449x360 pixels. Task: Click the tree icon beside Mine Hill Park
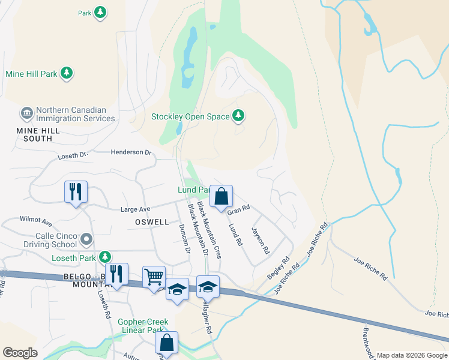click(68, 74)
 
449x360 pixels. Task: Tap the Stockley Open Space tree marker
click(239, 116)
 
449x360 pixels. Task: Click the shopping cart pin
click(154, 278)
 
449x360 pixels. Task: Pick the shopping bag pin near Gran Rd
click(221, 197)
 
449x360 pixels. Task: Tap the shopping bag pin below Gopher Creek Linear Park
click(167, 343)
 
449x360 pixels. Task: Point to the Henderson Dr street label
click(131, 152)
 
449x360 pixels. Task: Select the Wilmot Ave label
click(36, 220)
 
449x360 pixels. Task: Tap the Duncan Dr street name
click(184, 238)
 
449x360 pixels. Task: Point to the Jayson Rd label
click(259, 240)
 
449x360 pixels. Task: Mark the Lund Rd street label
click(235, 235)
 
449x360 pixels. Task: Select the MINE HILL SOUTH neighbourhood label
click(34, 134)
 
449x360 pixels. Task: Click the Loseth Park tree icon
click(106, 257)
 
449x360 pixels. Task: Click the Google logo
click(20, 353)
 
